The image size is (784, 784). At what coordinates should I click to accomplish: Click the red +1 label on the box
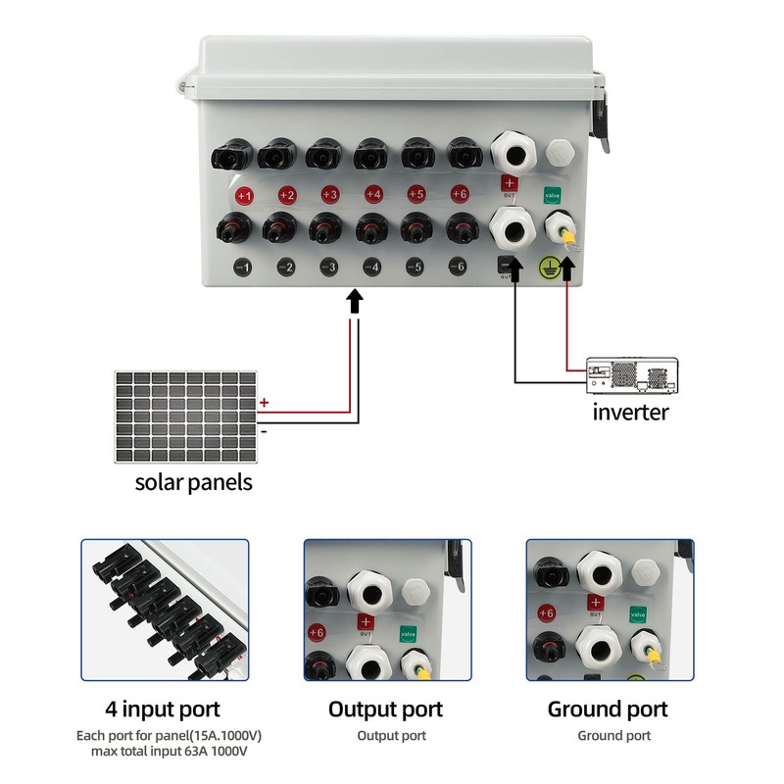(x=244, y=196)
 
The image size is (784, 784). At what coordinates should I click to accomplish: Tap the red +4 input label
(x=372, y=194)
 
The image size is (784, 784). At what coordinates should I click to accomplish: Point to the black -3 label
(x=329, y=267)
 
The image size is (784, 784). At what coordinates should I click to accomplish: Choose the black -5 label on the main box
(x=415, y=266)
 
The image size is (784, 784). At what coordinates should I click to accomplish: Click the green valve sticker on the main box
(x=553, y=195)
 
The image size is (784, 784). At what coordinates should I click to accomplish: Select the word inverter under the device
(x=630, y=412)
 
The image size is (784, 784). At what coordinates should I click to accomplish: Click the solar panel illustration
(x=185, y=416)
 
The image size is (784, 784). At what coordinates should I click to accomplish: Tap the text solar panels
(x=193, y=482)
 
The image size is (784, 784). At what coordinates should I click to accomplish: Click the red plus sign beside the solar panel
(x=264, y=403)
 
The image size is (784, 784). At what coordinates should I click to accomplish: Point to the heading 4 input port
(x=163, y=710)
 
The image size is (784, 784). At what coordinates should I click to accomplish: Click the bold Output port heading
(x=385, y=710)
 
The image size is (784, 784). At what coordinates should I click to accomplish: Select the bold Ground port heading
(x=608, y=710)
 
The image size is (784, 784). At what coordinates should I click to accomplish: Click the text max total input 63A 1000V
(x=163, y=751)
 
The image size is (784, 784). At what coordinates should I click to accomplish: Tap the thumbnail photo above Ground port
(x=609, y=609)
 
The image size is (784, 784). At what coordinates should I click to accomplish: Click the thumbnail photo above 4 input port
(x=165, y=609)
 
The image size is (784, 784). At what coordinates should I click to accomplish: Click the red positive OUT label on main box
(x=509, y=183)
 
